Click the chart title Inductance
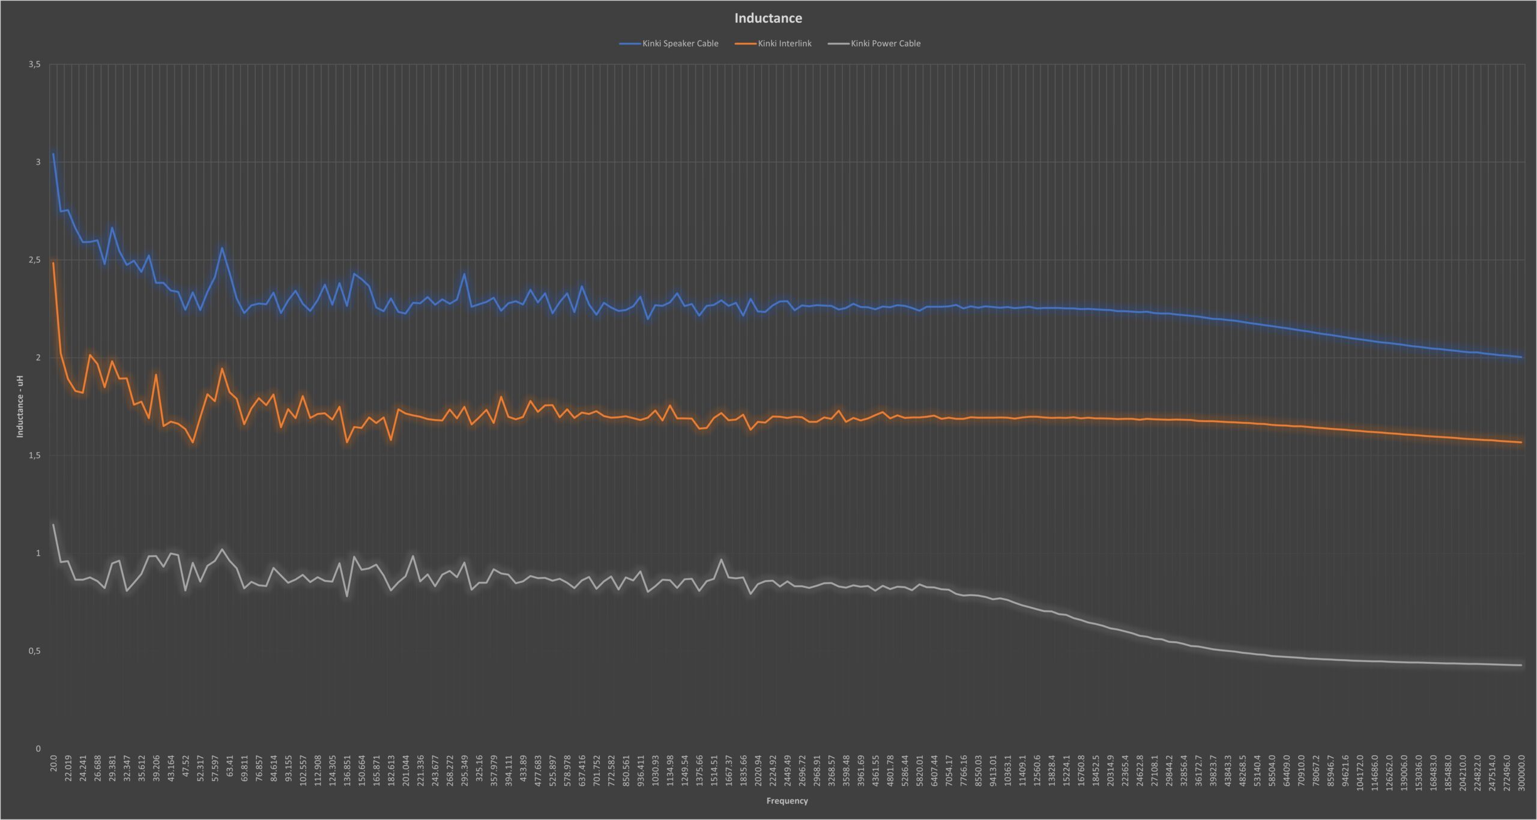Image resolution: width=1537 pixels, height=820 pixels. [x=768, y=18]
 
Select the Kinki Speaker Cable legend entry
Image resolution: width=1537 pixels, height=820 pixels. [x=669, y=43]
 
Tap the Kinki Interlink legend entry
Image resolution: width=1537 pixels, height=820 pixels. [x=773, y=43]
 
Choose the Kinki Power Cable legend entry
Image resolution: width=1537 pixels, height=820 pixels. [x=874, y=43]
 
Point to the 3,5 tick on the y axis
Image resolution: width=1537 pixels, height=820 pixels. [x=34, y=64]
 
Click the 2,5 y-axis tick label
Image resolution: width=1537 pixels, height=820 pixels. [x=34, y=260]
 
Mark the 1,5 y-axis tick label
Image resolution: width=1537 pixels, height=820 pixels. [x=34, y=456]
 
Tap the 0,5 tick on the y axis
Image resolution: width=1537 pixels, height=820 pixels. [x=34, y=651]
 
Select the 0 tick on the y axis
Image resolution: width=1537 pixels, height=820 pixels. [x=38, y=749]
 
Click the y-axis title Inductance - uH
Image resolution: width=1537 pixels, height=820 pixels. [x=20, y=406]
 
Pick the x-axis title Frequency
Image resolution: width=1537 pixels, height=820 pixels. [x=787, y=801]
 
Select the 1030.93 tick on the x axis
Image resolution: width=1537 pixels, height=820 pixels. [x=655, y=769]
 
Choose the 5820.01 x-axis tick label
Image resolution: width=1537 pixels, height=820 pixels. [x=919, y=769]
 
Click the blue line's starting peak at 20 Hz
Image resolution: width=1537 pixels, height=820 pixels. [x=53, y=154]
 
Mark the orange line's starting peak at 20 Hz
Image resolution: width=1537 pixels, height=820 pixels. [x=53, y=263]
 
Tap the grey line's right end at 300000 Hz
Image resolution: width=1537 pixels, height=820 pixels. [x=1521, y=665]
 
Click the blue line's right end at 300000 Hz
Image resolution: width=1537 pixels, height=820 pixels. [x=1521, y=357]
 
